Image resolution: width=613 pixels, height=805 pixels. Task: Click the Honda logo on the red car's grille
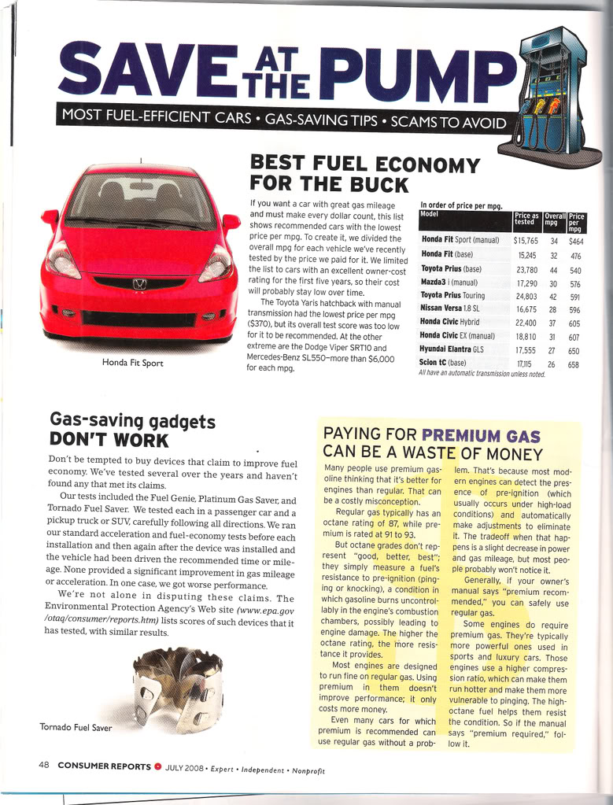coord(139,283)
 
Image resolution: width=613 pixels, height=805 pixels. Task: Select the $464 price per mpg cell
coord(575,239)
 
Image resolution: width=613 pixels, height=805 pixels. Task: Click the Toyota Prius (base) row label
coord(451,268)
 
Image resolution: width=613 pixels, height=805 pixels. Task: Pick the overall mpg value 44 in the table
coord(553,268)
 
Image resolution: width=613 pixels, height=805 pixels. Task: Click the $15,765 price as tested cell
coord(526,239)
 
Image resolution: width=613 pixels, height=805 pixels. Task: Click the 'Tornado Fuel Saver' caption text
coord(76,727)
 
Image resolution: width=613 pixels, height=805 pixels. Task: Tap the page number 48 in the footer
coord(45,764)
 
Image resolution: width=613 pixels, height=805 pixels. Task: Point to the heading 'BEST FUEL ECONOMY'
coord(364,164)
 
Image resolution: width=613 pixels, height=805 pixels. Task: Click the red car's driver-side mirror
coord(231,222)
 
